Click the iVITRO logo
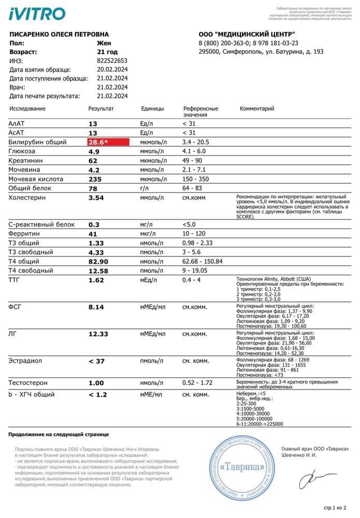tap(37, 13)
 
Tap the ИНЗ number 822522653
tap(112, 61)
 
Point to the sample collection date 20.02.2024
tap(112, 69)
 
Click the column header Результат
tap(101, 109)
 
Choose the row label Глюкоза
tap(22, 151)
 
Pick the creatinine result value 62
tap(93, 161)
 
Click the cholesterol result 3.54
tap(96, 198)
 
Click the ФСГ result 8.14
tap(96, 307)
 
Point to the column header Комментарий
tap(257, 109)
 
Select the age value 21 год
tap(107, 52)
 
